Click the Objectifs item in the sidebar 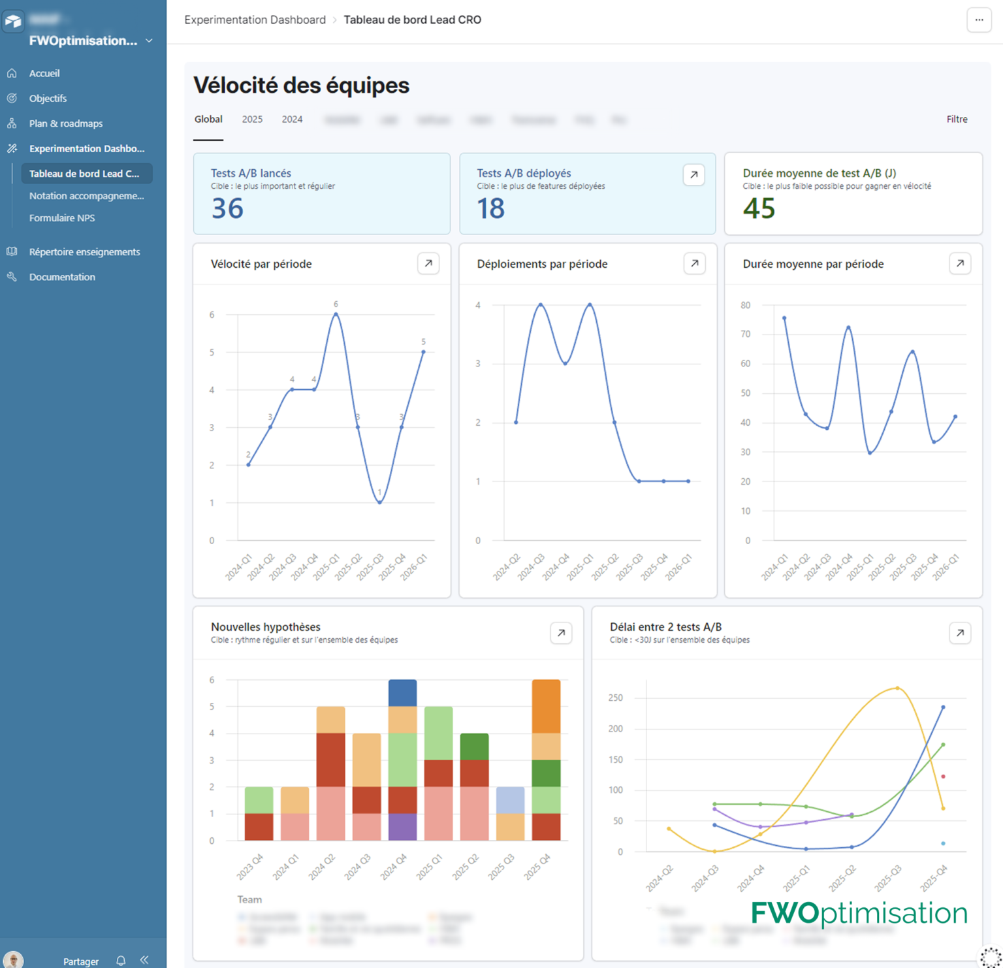point(48,99)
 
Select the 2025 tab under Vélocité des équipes point(252,120)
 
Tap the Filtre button point(957,120)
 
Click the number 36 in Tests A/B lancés point(227,209)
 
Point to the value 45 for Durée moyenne point(759,209)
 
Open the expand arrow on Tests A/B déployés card point(693,175)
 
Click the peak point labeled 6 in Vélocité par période point(336,314)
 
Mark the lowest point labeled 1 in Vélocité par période point(379,502)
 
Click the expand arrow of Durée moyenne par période point(959,264)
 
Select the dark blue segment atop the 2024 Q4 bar point(402,693)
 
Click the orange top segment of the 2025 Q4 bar point(546,706)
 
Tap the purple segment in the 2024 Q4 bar point(402,827)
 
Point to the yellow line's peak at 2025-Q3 point(897,688)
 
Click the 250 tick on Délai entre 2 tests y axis point(615,698)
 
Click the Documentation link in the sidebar point(62,277)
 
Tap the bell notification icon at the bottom point(121,961)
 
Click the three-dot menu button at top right point(979,20)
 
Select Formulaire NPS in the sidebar point(62,218)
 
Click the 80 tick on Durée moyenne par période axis point(745,305)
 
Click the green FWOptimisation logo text point(859,913)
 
